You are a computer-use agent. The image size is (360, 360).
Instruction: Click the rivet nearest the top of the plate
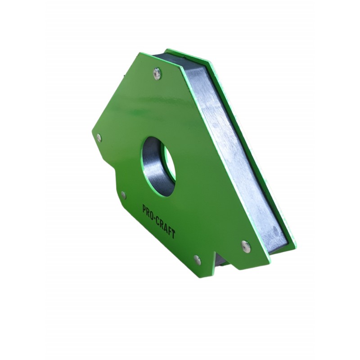(157, 72)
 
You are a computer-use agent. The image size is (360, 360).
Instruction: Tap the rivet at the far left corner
(99, 138)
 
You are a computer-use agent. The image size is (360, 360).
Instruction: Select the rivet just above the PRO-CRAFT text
(123, 194)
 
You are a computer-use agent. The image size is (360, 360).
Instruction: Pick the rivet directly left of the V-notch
(197, 259)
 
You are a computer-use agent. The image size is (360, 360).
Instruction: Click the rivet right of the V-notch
(245, 245)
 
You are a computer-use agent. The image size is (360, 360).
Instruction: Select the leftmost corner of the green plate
(92, 134)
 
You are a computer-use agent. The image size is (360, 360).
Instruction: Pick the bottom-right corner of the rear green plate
(294, 246)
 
